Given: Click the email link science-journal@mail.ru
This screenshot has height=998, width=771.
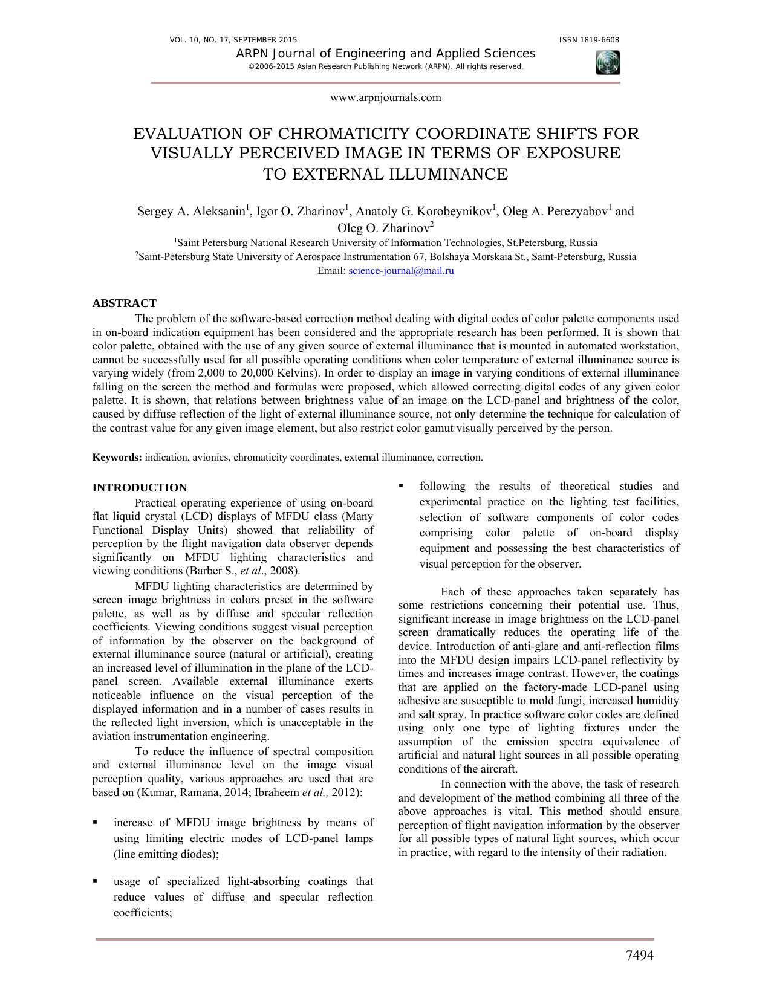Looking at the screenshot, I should coord(401,271).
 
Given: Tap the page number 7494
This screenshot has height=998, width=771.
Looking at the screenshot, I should coord(639,955).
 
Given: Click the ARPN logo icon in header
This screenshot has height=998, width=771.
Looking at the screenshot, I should coord(607,62).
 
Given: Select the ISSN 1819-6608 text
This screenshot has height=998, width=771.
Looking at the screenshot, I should coord(589,40).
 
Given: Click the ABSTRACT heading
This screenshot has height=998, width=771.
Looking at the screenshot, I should coord(124,303).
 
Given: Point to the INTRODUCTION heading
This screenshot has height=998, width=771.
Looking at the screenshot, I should coord(139,488).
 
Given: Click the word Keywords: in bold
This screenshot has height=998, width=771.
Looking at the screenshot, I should coord(117,458).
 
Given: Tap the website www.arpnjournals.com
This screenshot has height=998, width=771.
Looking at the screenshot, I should coord(385,97).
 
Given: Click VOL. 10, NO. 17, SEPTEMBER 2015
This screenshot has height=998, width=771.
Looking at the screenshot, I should coord(233,40).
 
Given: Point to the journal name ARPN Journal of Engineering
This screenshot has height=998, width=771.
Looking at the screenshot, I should coord(385,53).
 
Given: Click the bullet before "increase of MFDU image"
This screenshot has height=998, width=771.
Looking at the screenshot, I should coord(96,823).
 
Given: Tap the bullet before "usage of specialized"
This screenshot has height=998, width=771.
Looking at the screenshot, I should coord(96,881).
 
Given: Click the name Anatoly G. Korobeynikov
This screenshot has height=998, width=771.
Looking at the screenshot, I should coord(423,212).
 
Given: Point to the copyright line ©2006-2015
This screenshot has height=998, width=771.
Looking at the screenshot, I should coord(385,66).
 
